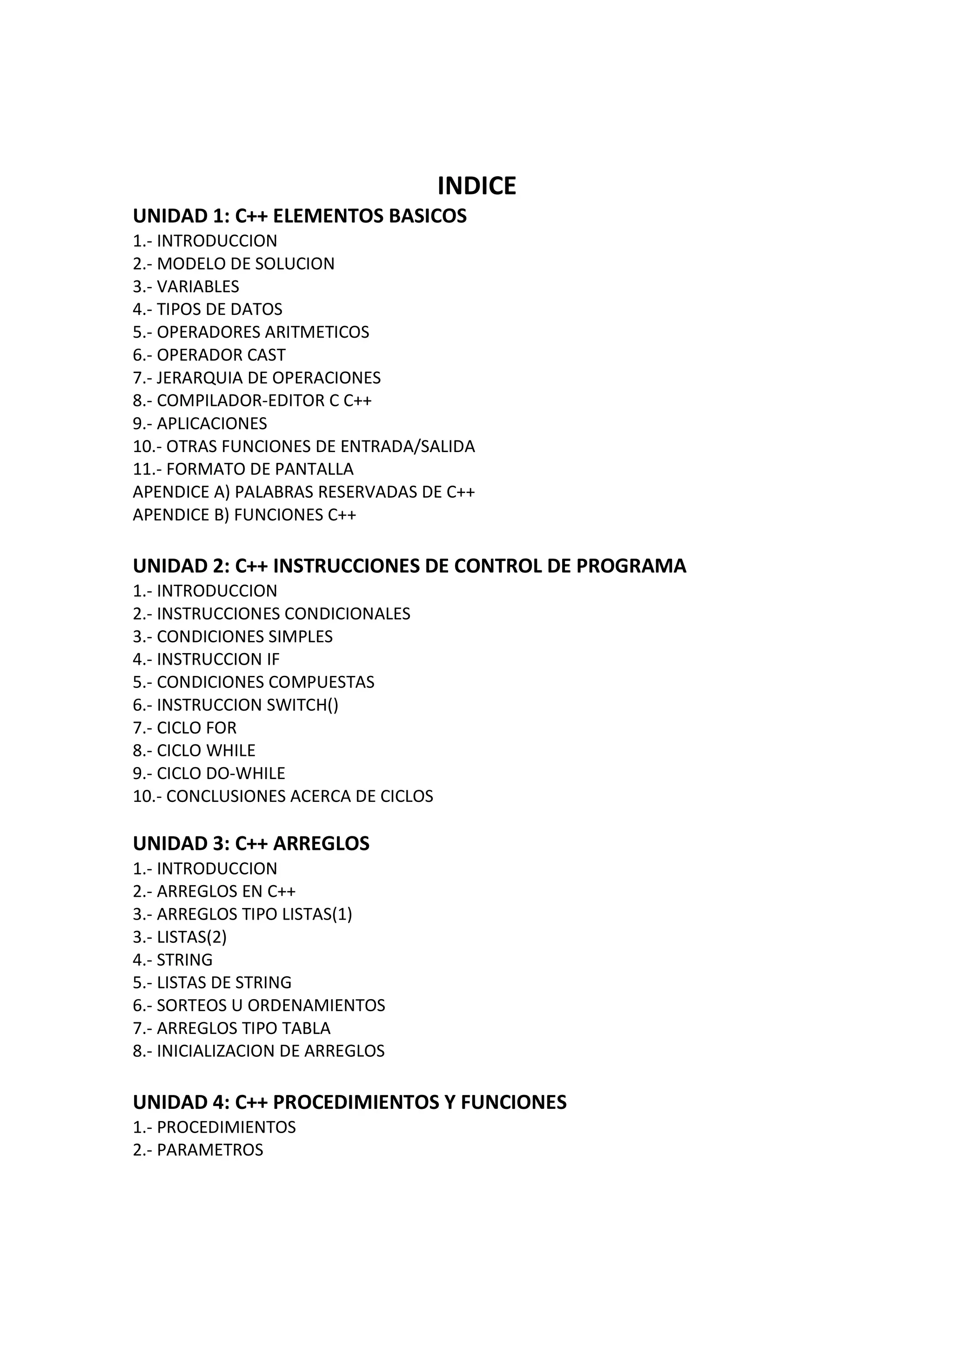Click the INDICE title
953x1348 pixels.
click(x=476, y=186)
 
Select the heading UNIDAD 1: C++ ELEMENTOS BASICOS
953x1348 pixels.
click(x=300, y=216)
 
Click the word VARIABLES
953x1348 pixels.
click(x=198, y=287)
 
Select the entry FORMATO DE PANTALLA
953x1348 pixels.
click(x=260, y=469)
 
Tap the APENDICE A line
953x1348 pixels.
click(x=303, y=492)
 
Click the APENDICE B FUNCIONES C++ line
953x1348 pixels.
click(x=244, y=515)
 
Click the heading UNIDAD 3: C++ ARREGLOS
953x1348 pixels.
click(x=251, y=844)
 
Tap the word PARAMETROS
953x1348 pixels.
click(x=209, y=1149)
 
